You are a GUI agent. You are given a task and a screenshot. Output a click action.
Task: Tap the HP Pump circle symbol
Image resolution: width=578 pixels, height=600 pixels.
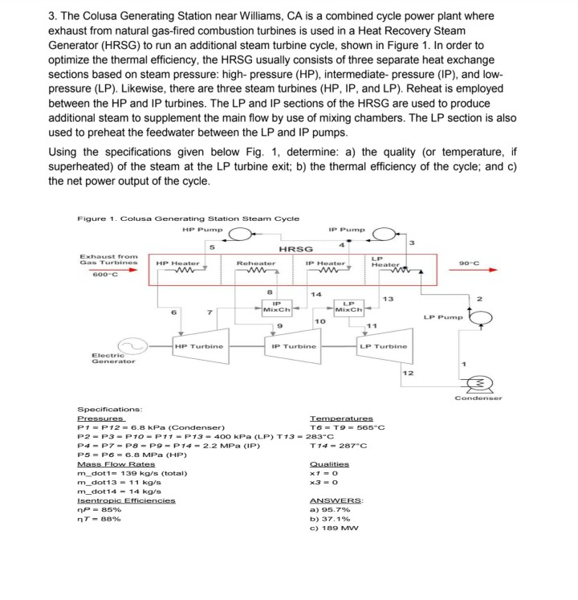pos(238,235)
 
